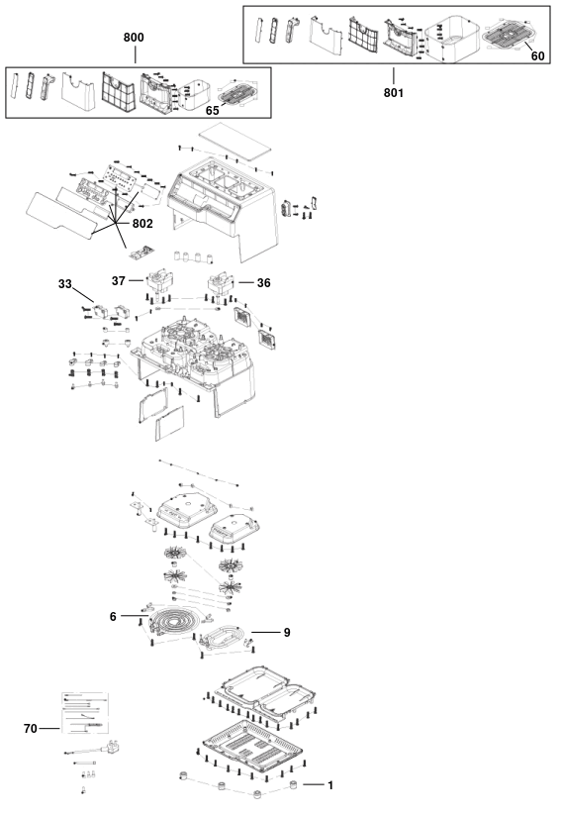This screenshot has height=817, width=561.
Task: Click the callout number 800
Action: tap(134, 38)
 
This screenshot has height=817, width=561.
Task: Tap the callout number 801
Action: tap(394, 92)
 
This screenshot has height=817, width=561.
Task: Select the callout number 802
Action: tap(142, 224)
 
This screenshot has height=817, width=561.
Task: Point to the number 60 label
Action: tap(537, 56)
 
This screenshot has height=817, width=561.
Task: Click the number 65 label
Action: tap(213, 111)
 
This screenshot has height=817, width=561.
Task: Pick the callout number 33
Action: tap(65, 284)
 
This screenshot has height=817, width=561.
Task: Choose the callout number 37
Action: tap(119, 281)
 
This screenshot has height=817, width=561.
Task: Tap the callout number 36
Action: tap(264, 282)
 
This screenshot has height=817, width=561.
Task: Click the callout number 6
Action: tap(113, 616)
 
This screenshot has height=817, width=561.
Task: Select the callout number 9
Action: tap(287, 633)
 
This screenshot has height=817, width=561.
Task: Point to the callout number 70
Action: tap(31, 729)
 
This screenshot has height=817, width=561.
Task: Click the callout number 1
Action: tap(329, 784)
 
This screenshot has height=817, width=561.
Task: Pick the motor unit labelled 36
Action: tap(223, 283)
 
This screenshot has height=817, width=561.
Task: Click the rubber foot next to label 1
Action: tap(293, 784)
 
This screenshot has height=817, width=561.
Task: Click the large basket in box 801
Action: tap(450, 38)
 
